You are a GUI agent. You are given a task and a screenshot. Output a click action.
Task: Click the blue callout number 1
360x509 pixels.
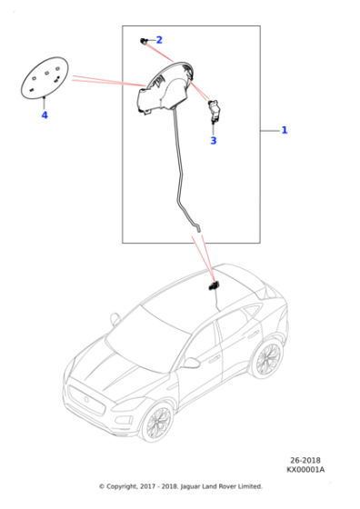point(284,131)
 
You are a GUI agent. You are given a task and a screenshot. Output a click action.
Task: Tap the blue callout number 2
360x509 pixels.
point(159,40)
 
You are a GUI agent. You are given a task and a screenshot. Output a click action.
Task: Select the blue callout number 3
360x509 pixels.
point(213,141)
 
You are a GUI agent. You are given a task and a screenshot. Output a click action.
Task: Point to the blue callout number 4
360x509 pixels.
point(44,115)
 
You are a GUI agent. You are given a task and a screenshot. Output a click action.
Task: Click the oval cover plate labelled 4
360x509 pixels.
point(45,79)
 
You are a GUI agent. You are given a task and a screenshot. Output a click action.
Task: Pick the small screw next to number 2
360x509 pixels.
point(145,42)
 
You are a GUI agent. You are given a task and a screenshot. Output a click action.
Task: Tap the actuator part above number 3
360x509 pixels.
point(215,111)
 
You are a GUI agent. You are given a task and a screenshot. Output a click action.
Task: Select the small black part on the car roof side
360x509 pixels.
point(214,285)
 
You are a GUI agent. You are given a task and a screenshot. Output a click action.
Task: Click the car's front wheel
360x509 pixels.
point(159,421)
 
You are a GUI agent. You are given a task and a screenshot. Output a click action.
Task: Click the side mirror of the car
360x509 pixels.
point(191,362)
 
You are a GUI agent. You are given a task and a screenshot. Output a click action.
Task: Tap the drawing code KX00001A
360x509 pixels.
point(305,470)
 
